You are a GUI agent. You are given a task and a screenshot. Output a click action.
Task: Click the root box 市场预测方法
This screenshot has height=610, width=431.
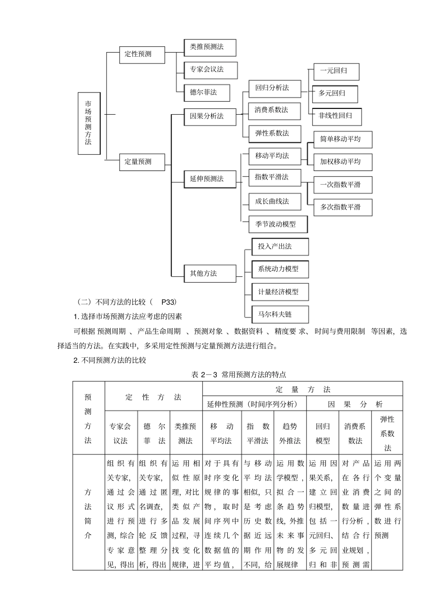click(x=88, y=123)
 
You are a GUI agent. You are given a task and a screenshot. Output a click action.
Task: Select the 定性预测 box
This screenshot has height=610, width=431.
click(x=142, y=54)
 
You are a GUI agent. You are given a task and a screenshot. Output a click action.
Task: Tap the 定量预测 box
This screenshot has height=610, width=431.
click(x=142, y=161)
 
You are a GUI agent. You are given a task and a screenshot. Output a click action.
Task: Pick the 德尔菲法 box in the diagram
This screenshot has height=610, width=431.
click(x=206, y=93)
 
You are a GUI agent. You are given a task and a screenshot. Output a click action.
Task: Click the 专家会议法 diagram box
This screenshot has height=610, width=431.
click(x=210, y=69)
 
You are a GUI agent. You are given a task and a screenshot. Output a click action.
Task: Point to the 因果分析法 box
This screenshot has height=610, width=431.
click(x=210, y=116)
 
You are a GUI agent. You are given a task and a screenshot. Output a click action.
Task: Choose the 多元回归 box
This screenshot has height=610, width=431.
click(x=335, y=93)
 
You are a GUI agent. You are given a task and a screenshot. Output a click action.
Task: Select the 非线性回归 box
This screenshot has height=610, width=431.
click(x=337, y=116)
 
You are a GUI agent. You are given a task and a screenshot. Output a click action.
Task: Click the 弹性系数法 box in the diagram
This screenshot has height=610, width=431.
click(x=274, y=133)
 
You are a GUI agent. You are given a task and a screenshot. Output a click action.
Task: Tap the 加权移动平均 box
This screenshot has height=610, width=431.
click(x=343, y=161)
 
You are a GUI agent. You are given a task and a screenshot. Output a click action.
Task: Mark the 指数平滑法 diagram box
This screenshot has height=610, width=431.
click(x=274, y=177)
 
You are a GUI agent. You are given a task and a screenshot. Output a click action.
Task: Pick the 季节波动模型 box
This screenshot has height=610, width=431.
click(x=278, y=224)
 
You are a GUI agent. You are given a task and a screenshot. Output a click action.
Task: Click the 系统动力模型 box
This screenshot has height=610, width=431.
click(x=280, y=269)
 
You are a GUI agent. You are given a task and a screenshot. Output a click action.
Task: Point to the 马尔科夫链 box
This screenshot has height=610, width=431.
click(x=280, y=314)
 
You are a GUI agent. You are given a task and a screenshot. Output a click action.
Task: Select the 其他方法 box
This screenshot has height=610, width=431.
click(x=210, y=273)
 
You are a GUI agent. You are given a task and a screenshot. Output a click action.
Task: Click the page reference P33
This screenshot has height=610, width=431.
click(x=168, y=302)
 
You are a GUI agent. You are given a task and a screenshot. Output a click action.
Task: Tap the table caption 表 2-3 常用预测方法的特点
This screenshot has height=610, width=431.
click(x=239, y=375)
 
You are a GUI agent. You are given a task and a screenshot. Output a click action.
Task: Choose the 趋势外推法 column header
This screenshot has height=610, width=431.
click(x=290, y=433)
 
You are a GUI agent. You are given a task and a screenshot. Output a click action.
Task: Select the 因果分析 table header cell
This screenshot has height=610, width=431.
click(x=355, y=404)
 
